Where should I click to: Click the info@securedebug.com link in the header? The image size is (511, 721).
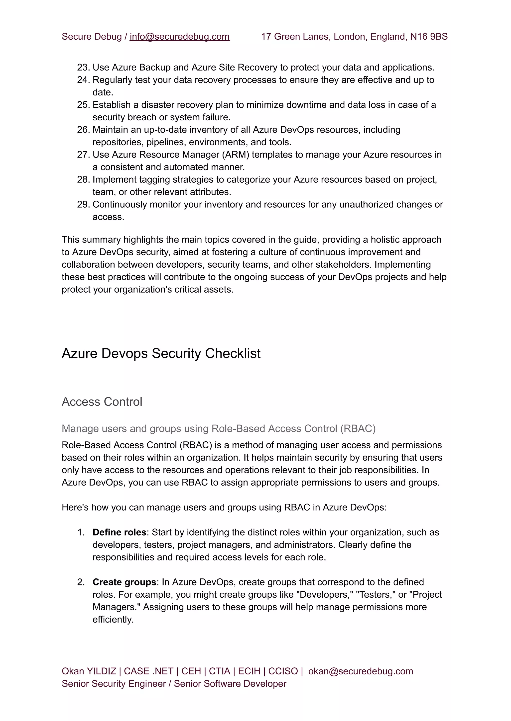[179, 37]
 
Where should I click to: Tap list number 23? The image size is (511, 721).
[83, 68]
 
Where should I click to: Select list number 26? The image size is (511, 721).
[83, 130]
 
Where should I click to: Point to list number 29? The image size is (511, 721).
[83, 205]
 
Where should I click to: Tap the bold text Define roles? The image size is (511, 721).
[119, 532]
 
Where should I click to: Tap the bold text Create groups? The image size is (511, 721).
[124, 582]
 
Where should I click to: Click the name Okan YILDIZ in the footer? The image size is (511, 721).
[89, 671]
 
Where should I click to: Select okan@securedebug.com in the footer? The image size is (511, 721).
[360, 671]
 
